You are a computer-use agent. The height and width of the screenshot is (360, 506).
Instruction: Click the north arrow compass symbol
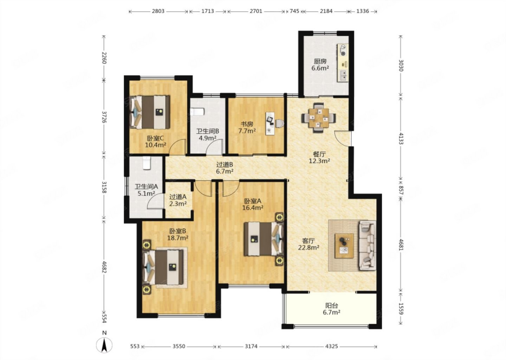(104, 345)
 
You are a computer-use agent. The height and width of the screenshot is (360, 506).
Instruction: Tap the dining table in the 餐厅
(318, 118)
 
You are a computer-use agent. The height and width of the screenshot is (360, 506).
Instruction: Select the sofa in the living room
(368, 245)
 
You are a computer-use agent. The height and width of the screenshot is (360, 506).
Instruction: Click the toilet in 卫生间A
(147, 163)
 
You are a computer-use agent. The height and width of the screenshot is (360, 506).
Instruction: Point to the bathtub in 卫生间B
(197, 112)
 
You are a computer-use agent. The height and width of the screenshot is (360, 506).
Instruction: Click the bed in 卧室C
(150, 112)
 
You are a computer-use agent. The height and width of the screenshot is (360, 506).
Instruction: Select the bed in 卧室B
(163, 267)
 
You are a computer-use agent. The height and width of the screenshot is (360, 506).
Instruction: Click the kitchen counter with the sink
(343, 63)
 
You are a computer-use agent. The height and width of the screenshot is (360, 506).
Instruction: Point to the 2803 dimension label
(158, 11)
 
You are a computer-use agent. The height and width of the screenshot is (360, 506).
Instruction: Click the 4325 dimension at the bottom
(331, 346)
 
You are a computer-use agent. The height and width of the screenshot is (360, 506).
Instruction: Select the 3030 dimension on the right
(401, 65)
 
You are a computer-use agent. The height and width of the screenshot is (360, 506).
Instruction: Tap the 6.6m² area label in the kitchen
(320, 68)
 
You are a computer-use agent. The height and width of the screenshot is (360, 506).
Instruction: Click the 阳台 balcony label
(332, 306)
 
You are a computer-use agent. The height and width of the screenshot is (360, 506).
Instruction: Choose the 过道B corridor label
(225, 165)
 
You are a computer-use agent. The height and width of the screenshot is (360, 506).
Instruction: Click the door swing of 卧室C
(177, 147)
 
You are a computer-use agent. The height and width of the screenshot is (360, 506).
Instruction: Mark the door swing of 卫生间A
(155, 201)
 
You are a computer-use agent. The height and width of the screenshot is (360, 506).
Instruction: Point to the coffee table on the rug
(344, 246)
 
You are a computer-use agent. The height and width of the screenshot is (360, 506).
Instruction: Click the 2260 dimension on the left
(104, 58)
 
